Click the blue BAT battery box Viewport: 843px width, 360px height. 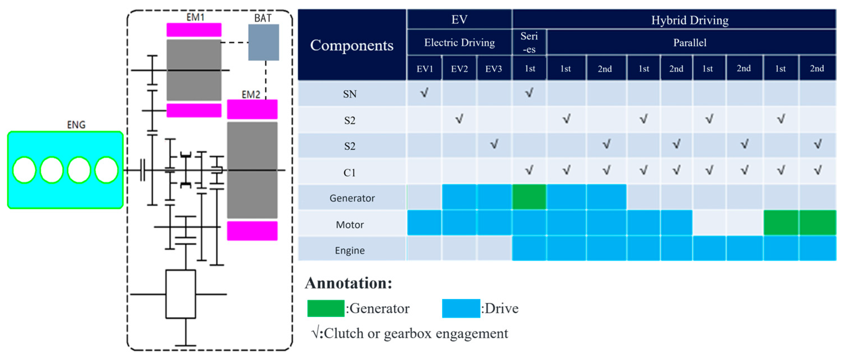[263, 42]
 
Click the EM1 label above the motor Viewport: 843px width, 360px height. [195, 17]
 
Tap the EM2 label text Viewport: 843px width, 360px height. [251, 94]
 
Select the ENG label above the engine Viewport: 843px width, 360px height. [76, 125]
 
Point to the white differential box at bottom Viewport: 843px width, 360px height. [181, 294]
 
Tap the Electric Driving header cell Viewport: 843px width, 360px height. [459, 42]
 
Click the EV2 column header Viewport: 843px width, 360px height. [459, 69]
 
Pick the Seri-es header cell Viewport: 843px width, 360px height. [529, 42]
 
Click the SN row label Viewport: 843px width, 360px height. [350, 94]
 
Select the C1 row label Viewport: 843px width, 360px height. [350, 172]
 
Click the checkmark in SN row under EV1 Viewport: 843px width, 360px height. [424, 93]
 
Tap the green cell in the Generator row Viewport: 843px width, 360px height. [529, 197]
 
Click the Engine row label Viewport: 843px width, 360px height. [350, 250]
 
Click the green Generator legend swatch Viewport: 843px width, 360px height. [326, 308]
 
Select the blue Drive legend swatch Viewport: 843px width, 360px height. [461, 308]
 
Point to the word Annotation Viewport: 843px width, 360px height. [348, 283]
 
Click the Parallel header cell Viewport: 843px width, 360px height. [690, 42]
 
